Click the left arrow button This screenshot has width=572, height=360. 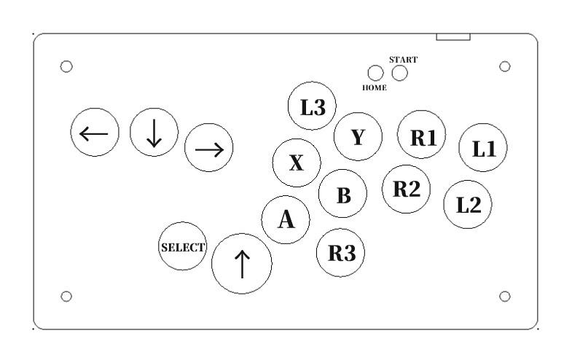[94, 133]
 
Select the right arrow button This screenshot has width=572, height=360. [209, 149]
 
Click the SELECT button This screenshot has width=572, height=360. [183, 247]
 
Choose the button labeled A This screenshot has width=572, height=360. [286, 219]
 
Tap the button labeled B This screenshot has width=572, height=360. [343, 194]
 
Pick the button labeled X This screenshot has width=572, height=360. [296, 163]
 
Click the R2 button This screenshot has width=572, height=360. [406, 189]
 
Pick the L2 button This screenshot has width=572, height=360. [468, 204]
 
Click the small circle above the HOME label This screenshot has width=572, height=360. [375, 73]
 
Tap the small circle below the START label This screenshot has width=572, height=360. [399, 73]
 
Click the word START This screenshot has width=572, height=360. [404, 58]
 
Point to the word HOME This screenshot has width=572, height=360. [375, 87]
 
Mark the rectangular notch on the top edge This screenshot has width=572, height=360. [453, 36]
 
